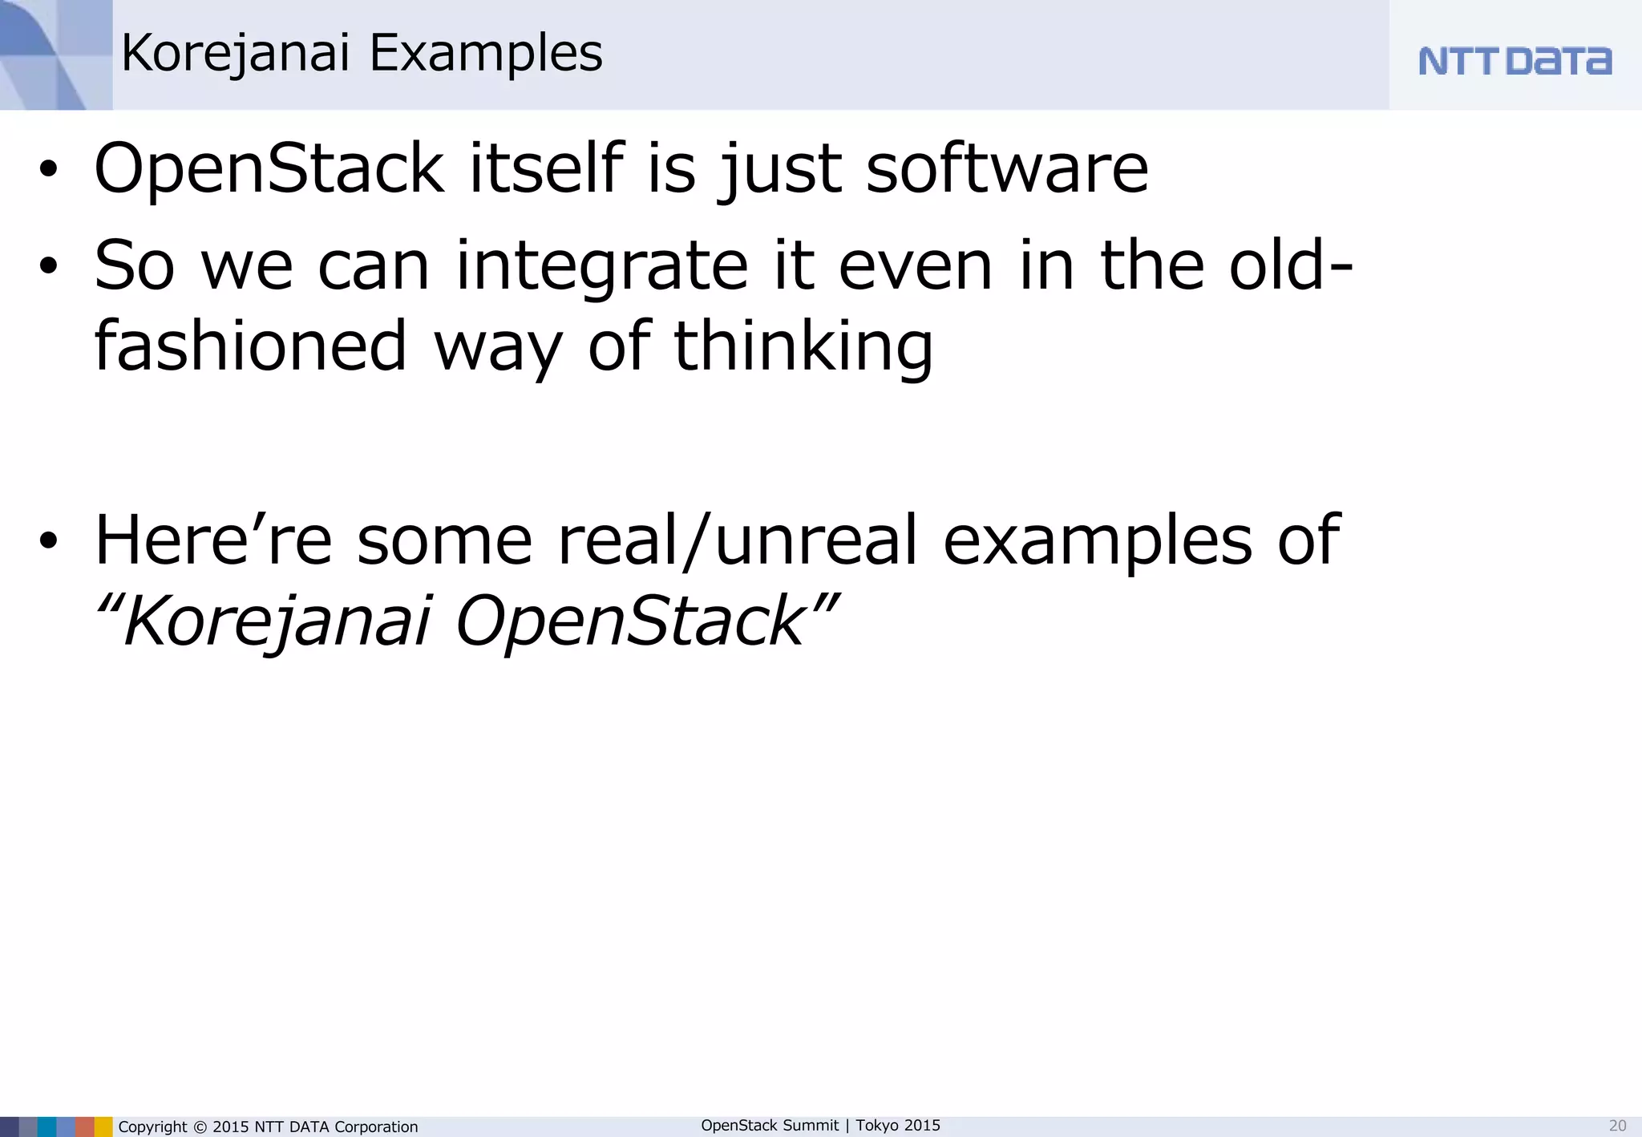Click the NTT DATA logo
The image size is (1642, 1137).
pyautogui.click(x=1515, y=61)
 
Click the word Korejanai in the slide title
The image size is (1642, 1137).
pyautogui.click(x=236, y=54)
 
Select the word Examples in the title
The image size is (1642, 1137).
pyautogui.click(x=486, y=54)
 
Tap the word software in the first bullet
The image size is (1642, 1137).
pyautogui.click(x=1007, y=168)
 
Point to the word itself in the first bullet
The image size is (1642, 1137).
pyautogui.click(x=546, y=168)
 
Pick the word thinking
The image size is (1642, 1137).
pyautogui.click(x=803, y=346)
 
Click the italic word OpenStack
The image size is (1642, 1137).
pyautogui.click(x=630, y=621)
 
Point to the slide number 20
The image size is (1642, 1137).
pyautogui.click(x=1617, y=1126)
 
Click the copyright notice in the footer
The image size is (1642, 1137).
pyautogui.click(x=268, y=1127)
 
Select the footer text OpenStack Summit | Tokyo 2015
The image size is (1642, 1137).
pyautogui.click(x=820, y=1125)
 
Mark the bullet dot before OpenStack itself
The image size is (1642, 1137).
pyautogui.click(x=49, y=170)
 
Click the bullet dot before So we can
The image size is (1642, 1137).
pyautogui.click(x=49, y=267)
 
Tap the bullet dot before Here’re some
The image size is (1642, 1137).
pyautogui.click(x=49, y=541)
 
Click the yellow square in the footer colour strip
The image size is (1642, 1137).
pyautogui.click(x=103, y=1127)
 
